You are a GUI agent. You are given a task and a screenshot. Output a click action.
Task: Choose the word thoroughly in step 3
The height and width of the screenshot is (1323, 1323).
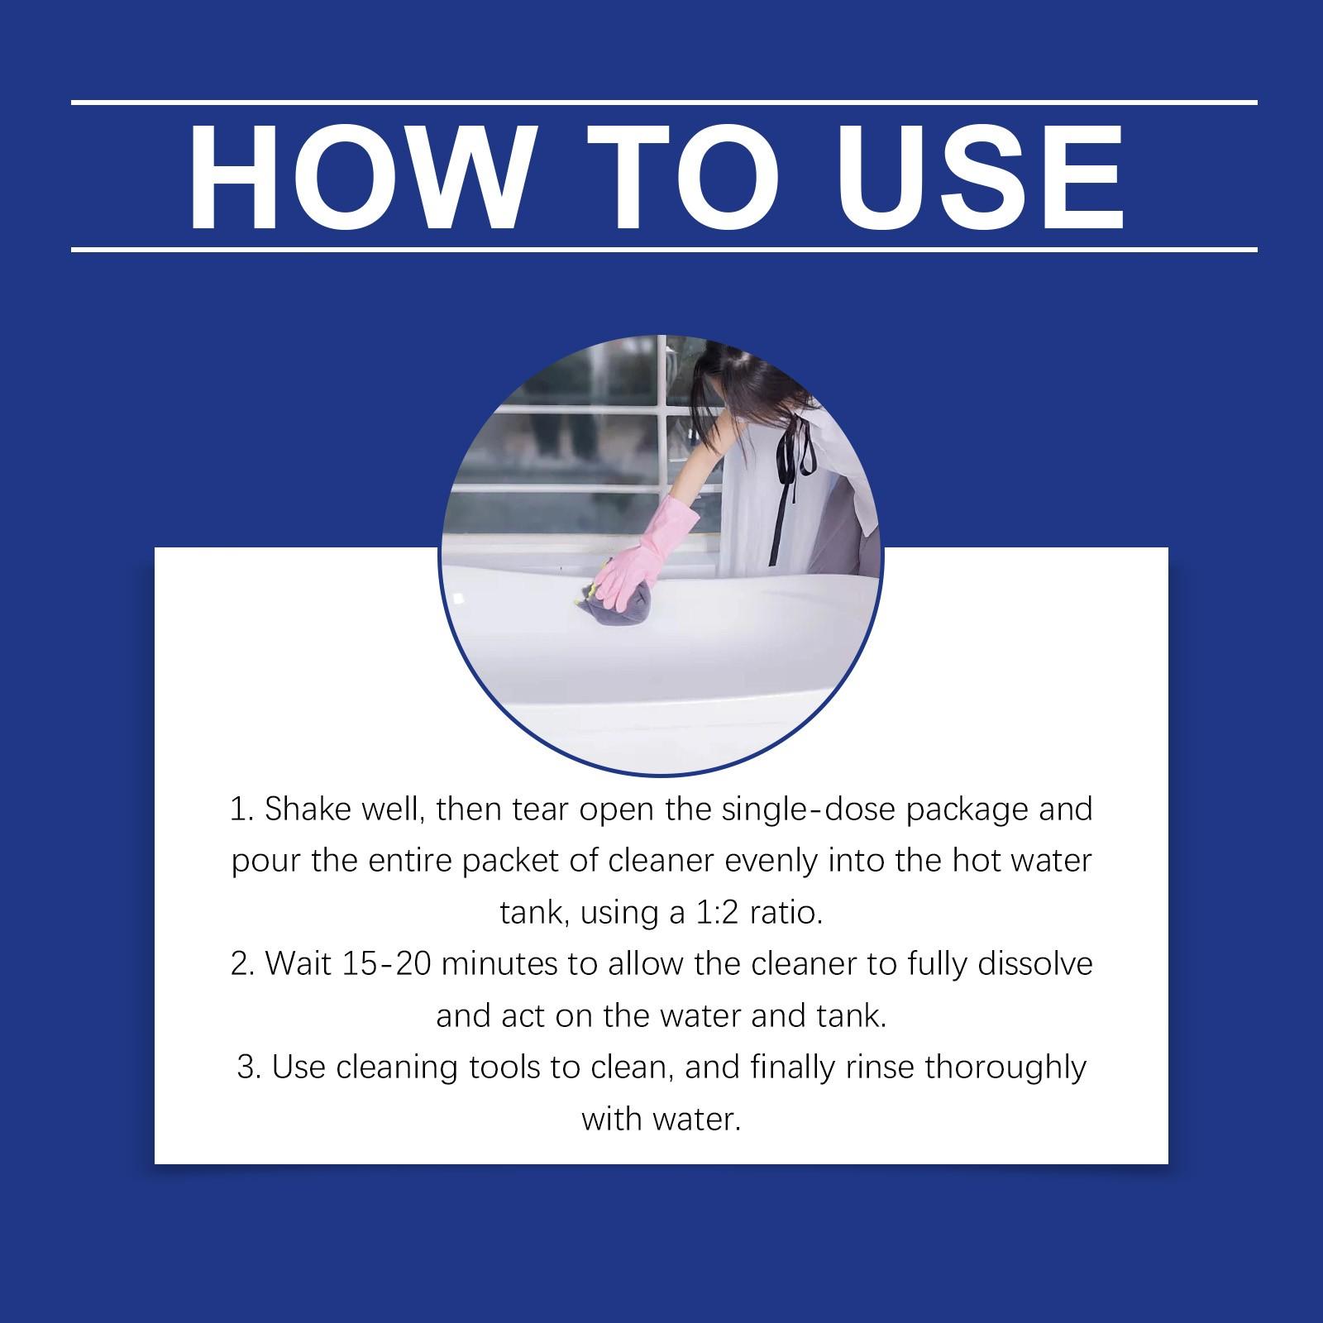1005,1067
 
